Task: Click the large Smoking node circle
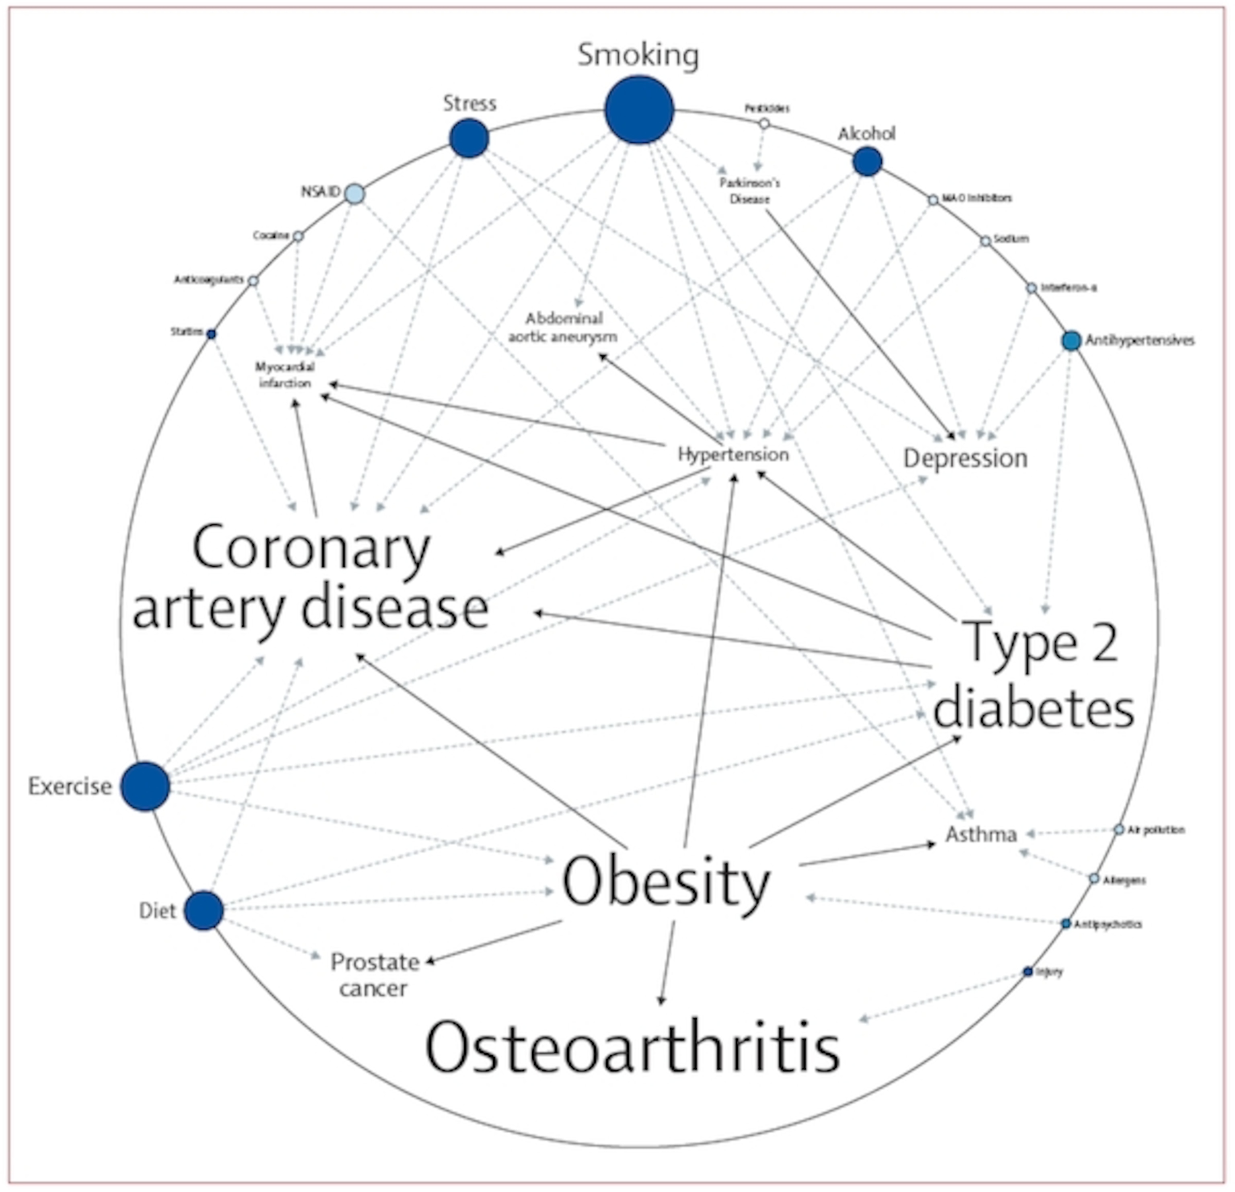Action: click(639, 110)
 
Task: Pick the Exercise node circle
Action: click(145, 786)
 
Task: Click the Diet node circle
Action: click(203, 910)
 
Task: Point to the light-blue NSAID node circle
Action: click(354, 193)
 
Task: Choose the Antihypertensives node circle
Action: click(1071, 340)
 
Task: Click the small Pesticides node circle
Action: click(764, 123)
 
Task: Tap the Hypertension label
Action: click(733, 454)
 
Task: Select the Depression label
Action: click(965, 458)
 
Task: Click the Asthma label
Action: click(981, 834)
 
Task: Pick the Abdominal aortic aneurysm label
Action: click(563, 327)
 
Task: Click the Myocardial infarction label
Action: click(285, 374)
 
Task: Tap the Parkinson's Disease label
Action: click(750, 190)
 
